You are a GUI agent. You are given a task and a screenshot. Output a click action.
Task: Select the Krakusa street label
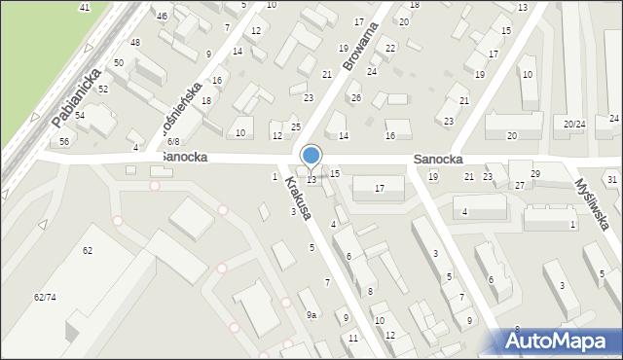(x=298, y=198)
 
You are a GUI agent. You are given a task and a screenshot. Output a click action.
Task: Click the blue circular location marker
(x=311, y=155)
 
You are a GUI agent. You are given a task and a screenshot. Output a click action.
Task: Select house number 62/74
(x=45, y=296)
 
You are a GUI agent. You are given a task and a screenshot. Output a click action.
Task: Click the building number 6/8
(x=172, y=141)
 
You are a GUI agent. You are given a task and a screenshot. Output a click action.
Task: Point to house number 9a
(x=311, y=315)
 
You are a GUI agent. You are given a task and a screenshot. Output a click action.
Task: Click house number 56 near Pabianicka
(x=63, y=141)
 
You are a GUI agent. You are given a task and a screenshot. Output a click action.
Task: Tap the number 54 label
(x=80, y=116)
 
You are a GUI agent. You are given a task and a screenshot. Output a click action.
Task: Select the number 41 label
(x=85, y=8)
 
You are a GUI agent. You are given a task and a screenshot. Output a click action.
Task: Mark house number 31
(x=611, y=180)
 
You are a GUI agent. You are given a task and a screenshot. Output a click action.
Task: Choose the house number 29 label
(x=534, y=173)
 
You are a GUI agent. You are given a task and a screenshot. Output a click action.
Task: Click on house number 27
(x=520, y=185)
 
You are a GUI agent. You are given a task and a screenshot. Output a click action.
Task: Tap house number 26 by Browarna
(x=355, y=98)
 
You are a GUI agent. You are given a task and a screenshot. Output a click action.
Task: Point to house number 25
(x=296, y=127)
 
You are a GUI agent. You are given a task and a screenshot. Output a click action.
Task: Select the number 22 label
(x=390, y=48)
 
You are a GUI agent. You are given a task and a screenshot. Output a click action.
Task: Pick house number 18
(x=205, y=100)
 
